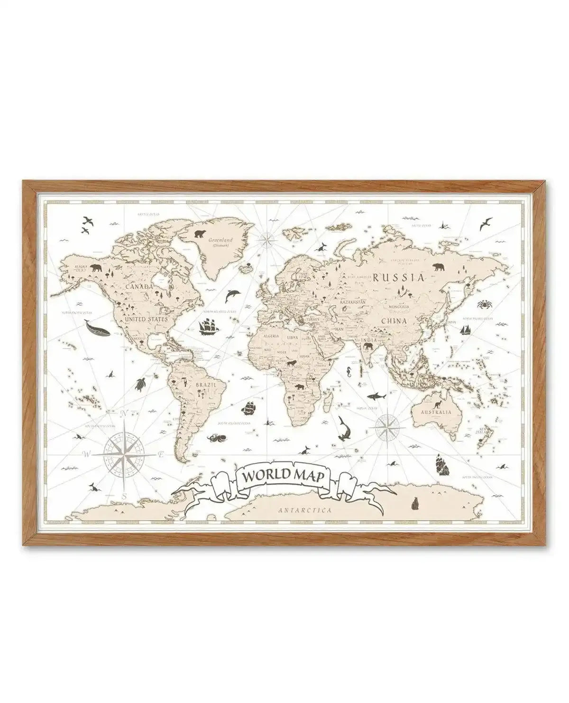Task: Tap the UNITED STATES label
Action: [147, 320]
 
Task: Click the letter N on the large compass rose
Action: [122, 413]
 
